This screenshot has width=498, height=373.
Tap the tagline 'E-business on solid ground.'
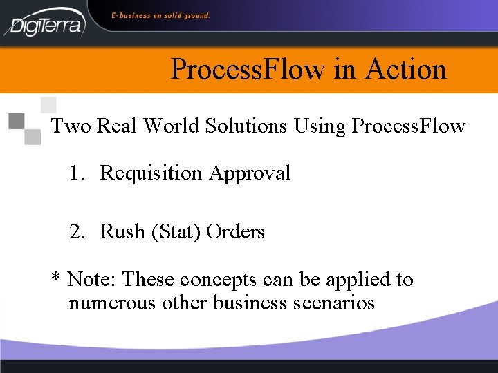click(x=160, y=15)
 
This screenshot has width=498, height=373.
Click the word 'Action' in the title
click(x=406, y=69)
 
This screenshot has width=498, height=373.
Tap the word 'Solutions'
click(x=252, y=126)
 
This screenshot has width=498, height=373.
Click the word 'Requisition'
click(x=150, y=173)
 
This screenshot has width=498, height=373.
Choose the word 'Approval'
click(x=250, y=173)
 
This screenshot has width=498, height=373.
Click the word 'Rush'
click(x=120, y=231)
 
